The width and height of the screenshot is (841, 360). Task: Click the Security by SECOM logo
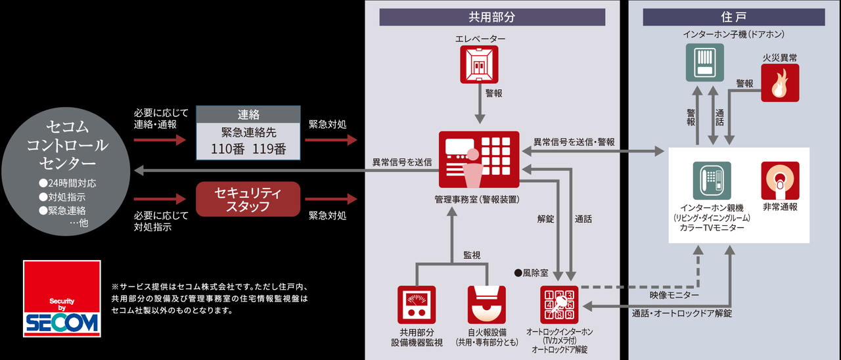(62, 299)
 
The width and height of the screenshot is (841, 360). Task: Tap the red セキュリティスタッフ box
(248, 199)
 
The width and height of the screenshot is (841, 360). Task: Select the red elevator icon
(480, 64)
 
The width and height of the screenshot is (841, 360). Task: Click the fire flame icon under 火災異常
(780, 83)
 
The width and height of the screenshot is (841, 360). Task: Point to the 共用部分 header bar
(492, 17)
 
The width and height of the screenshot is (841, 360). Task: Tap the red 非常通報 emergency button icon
(780, 181)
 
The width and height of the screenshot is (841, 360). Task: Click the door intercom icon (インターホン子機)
(705, 62)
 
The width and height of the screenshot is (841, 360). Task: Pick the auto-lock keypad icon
(558, 304)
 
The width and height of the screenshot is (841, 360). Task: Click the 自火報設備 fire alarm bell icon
(486, 305)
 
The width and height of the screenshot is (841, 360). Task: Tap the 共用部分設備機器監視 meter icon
(417, 305)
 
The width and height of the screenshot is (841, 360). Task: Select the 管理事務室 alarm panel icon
(478, 160)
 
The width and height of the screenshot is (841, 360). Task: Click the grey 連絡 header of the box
(249, 114)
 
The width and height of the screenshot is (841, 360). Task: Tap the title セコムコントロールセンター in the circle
(67, 144)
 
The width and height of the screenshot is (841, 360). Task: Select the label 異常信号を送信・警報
(574, 142)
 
